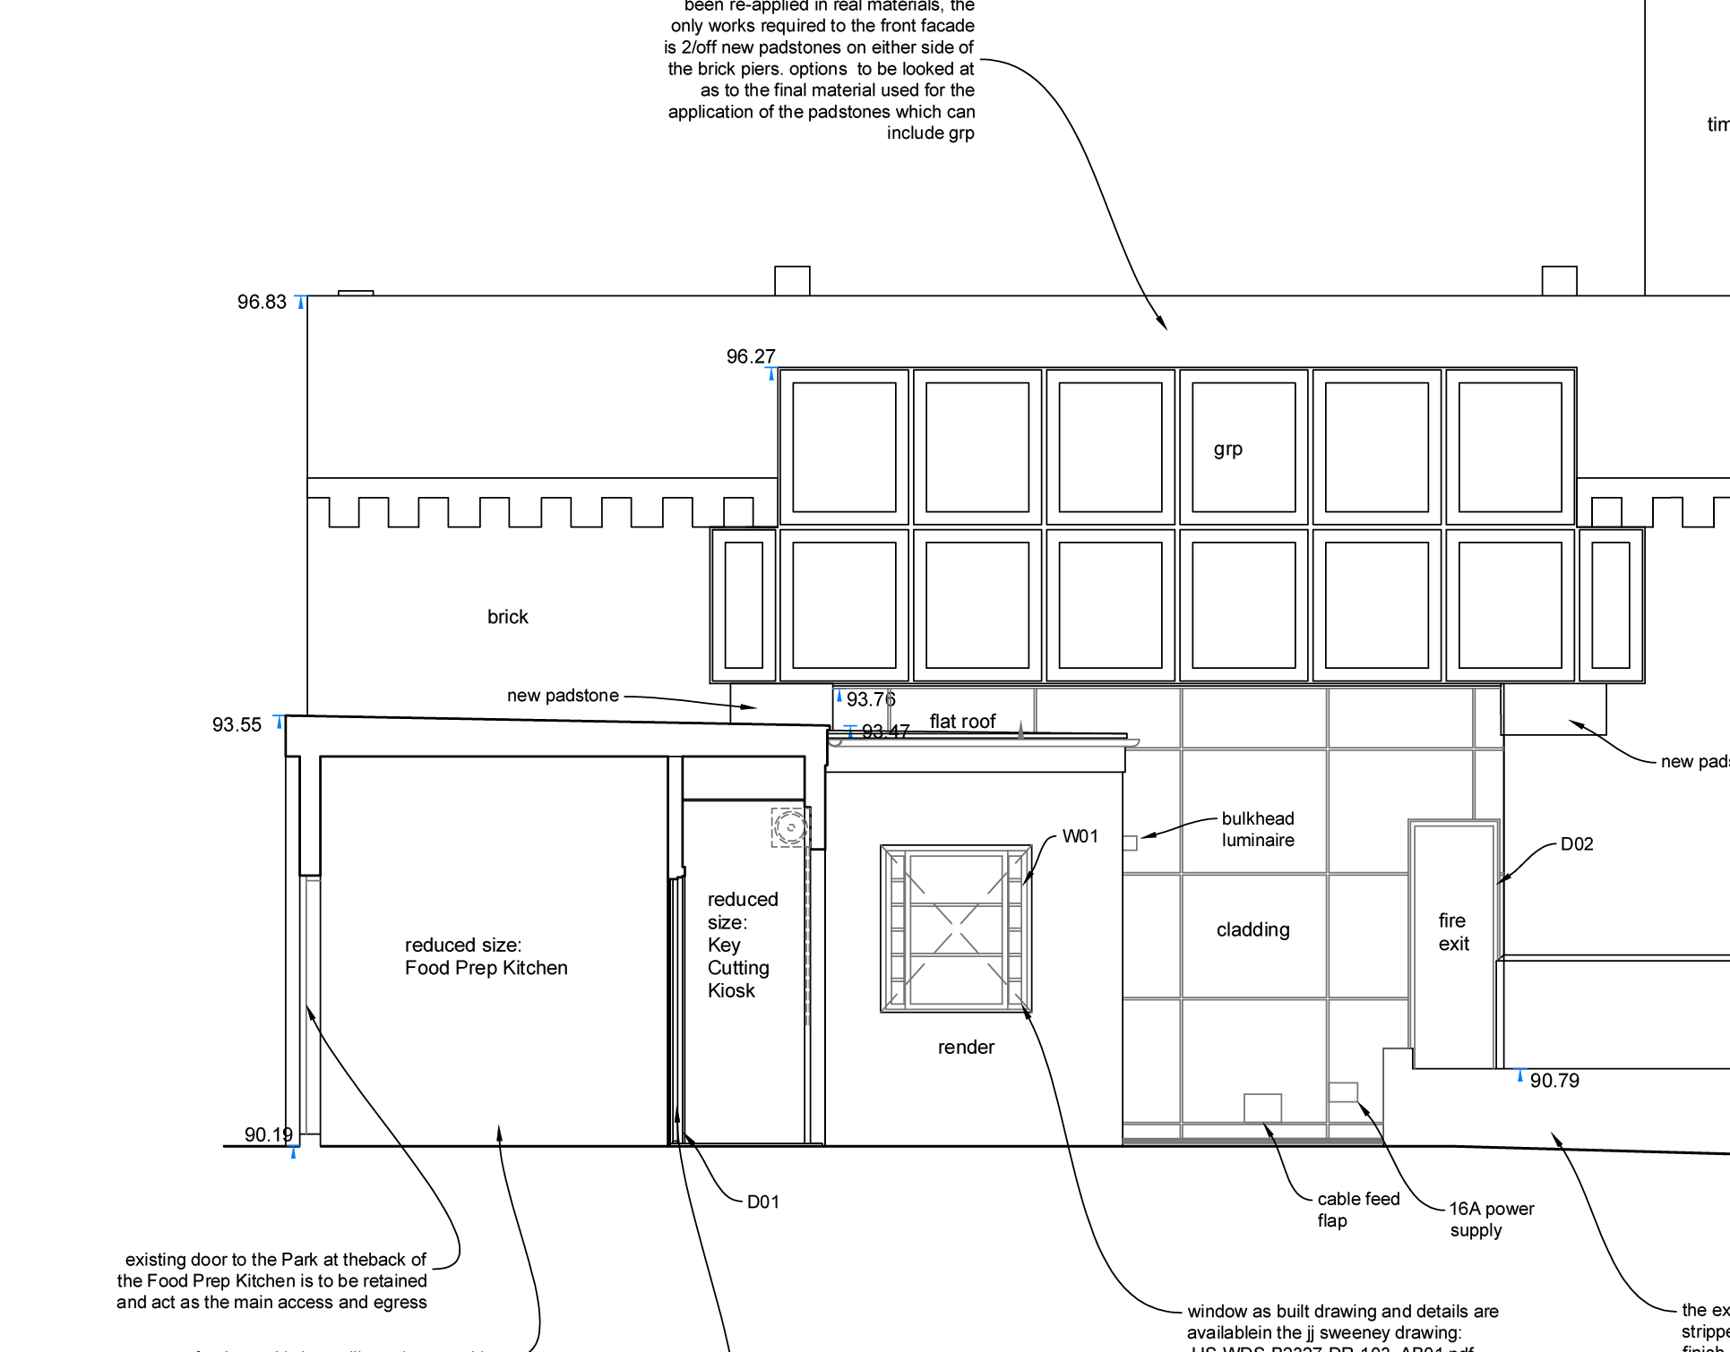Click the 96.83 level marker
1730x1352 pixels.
[x=262, y=303]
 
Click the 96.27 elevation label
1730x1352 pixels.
[x=751, y=357]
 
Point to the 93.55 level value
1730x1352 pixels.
[x=237, y=725]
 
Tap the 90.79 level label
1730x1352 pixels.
[x=1554, y=1081]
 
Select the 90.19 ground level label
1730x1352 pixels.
[x=269, y=1135]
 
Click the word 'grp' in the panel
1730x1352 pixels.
[x=1227, y=449]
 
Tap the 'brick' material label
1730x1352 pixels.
[x=507, y=617]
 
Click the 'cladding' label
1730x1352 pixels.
[x=1252, y=930]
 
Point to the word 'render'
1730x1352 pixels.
[x=966, y=1048]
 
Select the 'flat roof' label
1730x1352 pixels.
[x=962, y=722]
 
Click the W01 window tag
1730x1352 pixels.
[x=1080, y=836]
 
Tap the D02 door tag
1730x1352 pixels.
[x=1577, y=844]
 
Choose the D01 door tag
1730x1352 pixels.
[x=763, y=1202]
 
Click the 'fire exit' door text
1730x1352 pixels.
[x=1453, y=932]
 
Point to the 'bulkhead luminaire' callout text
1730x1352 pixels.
[x=1258, y=829]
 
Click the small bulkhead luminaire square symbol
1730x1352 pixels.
[x=1130, y=843]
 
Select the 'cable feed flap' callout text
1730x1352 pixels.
[x=1357, y=1210]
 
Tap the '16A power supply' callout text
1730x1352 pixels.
[x=1491, y=1219]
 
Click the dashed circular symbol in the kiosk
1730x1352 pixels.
[x=789, y=827]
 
